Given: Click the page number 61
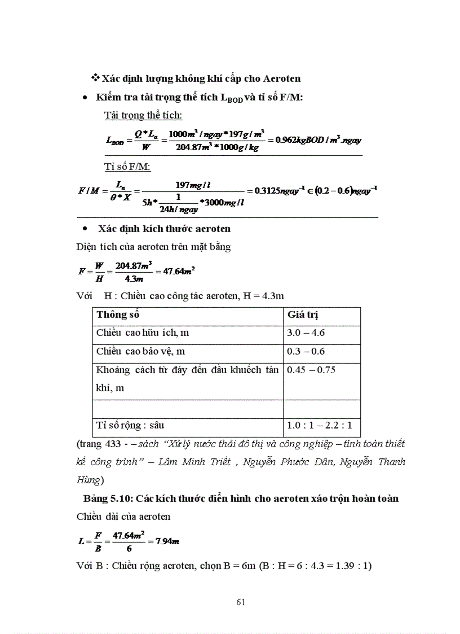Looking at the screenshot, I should point(241,602).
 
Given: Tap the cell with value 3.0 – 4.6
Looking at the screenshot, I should point(306,333).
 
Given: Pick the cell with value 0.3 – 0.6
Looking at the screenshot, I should point(306,351).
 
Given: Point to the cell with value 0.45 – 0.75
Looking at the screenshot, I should point(311,370).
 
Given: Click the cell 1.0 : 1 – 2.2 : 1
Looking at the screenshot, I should point(319,425).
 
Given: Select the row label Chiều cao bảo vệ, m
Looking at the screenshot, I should point(140,351).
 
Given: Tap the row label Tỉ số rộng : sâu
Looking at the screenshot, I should point(130,425).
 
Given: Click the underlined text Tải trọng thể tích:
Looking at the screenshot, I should point(143,115).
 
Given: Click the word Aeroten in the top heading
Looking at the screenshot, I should point(281,78).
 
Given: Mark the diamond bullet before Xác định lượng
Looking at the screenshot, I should point(95,77).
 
